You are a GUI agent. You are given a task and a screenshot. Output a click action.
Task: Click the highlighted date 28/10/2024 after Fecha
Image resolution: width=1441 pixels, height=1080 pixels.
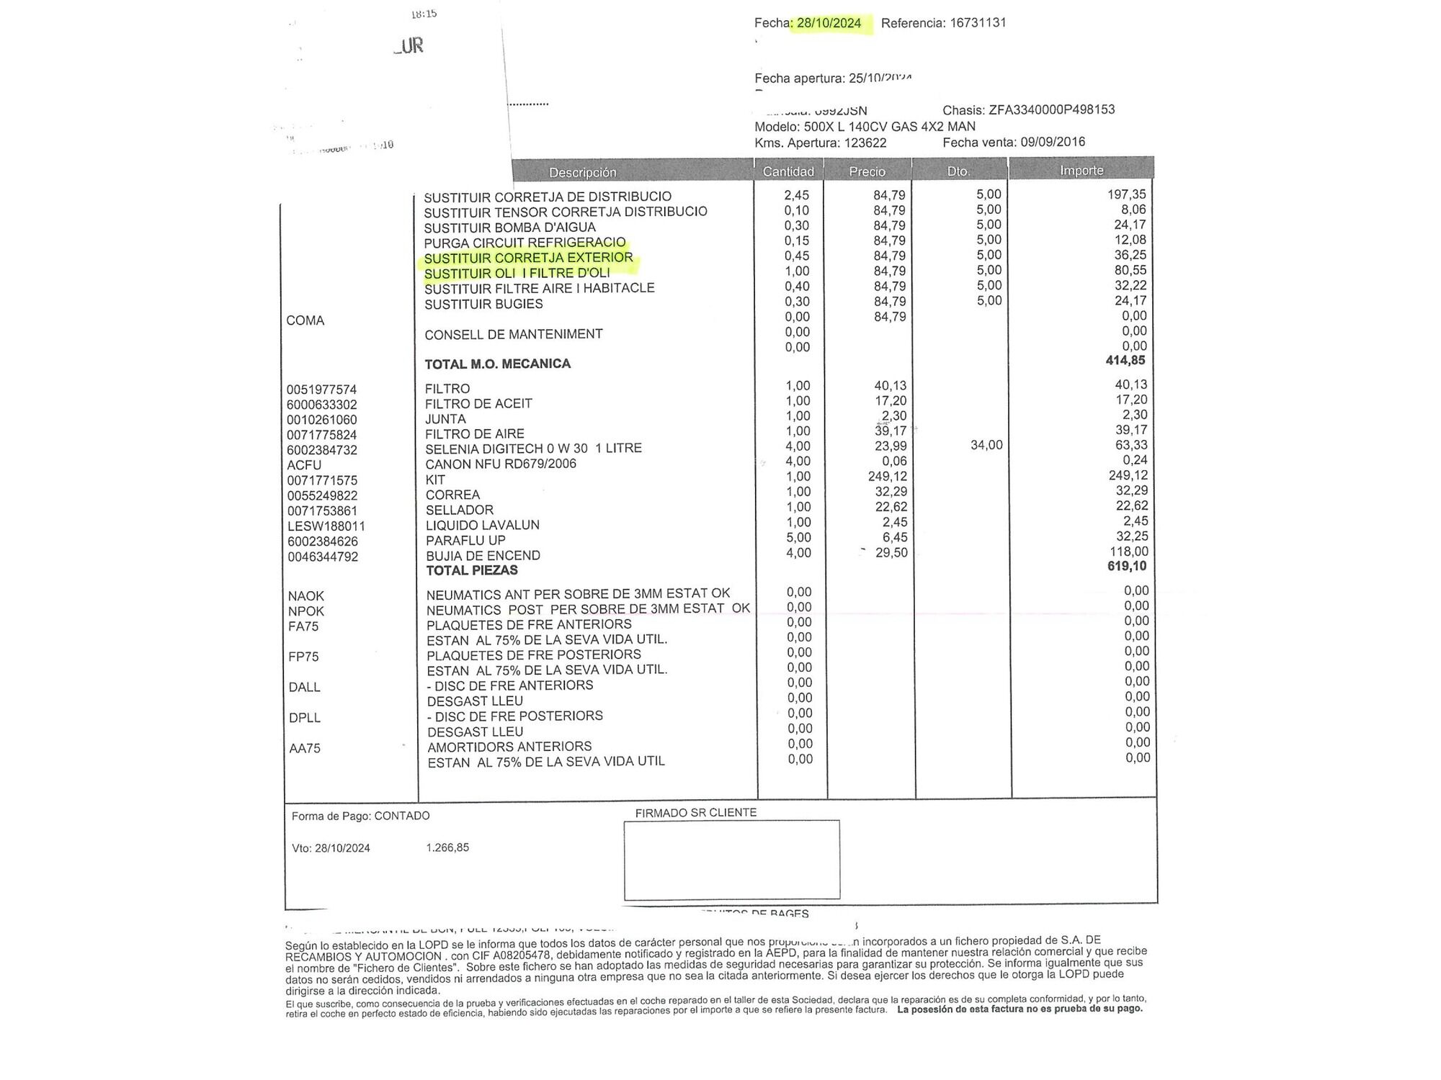(829, 23)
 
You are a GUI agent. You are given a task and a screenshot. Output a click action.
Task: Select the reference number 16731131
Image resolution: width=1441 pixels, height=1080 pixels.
(978, 22)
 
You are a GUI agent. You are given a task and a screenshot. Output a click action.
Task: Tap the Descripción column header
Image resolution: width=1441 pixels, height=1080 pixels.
(582, 172)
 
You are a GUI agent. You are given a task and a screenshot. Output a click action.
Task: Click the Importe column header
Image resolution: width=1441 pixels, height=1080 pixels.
(1081, 171)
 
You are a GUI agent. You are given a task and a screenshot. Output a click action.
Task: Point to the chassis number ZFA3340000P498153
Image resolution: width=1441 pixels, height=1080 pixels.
(1051, 109)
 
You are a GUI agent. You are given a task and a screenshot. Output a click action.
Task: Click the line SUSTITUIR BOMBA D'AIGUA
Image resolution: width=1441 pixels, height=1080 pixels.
(509, 227)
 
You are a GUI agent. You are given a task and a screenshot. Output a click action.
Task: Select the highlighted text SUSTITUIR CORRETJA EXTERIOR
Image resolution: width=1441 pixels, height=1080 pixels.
(528, 258)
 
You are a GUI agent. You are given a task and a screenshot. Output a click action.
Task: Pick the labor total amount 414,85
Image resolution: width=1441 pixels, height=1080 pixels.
(1125, 360)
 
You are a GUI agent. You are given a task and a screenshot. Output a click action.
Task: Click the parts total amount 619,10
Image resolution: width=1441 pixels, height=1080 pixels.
(1126, 566)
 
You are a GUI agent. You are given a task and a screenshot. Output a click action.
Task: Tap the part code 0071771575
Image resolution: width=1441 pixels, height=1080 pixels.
(321, 480)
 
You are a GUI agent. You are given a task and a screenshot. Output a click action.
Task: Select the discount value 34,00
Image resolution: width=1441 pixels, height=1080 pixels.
(986, 445)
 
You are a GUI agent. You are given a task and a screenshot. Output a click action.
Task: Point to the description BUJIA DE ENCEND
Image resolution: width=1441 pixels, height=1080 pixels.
(483, 555)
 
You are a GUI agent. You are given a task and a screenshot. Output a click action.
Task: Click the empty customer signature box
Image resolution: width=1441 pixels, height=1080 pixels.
(731, 860)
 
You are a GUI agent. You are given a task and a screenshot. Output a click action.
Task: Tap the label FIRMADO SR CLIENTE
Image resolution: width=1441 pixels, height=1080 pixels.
(695, 812)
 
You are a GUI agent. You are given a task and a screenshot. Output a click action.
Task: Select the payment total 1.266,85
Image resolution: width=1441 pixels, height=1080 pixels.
(447, 847)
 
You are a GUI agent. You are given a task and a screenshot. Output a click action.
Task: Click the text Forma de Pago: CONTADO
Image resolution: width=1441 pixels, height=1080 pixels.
(360, 816)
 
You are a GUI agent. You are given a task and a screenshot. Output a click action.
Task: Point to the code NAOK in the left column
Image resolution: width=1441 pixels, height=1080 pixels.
(306, 596)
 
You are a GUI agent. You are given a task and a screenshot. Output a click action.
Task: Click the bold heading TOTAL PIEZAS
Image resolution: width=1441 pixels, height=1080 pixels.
(471, 570)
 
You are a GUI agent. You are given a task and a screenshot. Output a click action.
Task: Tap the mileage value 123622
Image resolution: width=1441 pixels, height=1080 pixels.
(865, 143)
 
